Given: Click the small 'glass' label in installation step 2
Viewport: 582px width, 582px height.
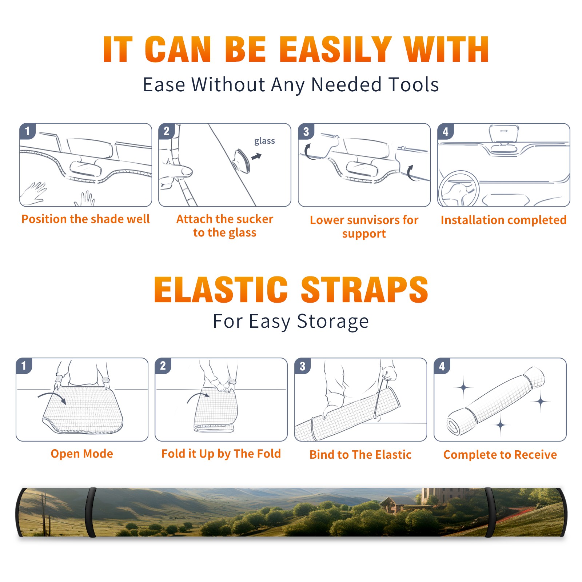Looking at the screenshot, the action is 264,141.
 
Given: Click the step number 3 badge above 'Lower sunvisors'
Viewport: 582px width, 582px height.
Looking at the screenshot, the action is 306,132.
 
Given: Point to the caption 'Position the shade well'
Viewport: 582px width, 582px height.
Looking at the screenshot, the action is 85,219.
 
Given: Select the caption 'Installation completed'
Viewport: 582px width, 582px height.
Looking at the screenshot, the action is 503,220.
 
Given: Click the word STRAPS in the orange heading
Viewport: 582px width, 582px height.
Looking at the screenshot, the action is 364,290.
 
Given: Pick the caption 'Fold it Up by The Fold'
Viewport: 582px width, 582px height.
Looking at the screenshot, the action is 221,454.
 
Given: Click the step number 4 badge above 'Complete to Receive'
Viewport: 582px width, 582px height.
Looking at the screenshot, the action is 442,366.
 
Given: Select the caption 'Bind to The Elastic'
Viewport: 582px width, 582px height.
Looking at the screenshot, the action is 360,455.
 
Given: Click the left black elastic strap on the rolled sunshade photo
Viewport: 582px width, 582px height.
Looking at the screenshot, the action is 91,513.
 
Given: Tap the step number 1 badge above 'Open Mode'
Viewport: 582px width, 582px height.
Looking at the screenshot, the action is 24,366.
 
